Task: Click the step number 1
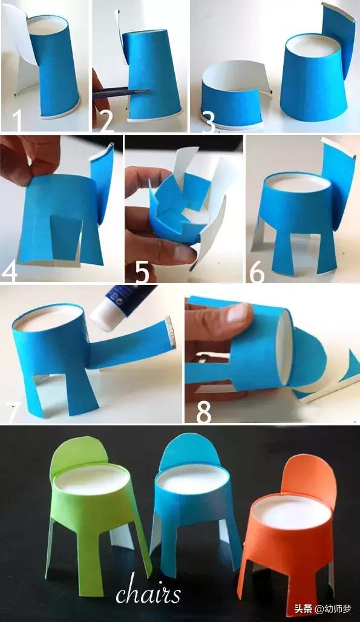coord(18,120)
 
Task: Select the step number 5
coord(142,272)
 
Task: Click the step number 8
coord(204,413)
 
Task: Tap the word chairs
coord(148,594)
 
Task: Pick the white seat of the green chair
coord(91,480)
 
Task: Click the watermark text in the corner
coord(322,609)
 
